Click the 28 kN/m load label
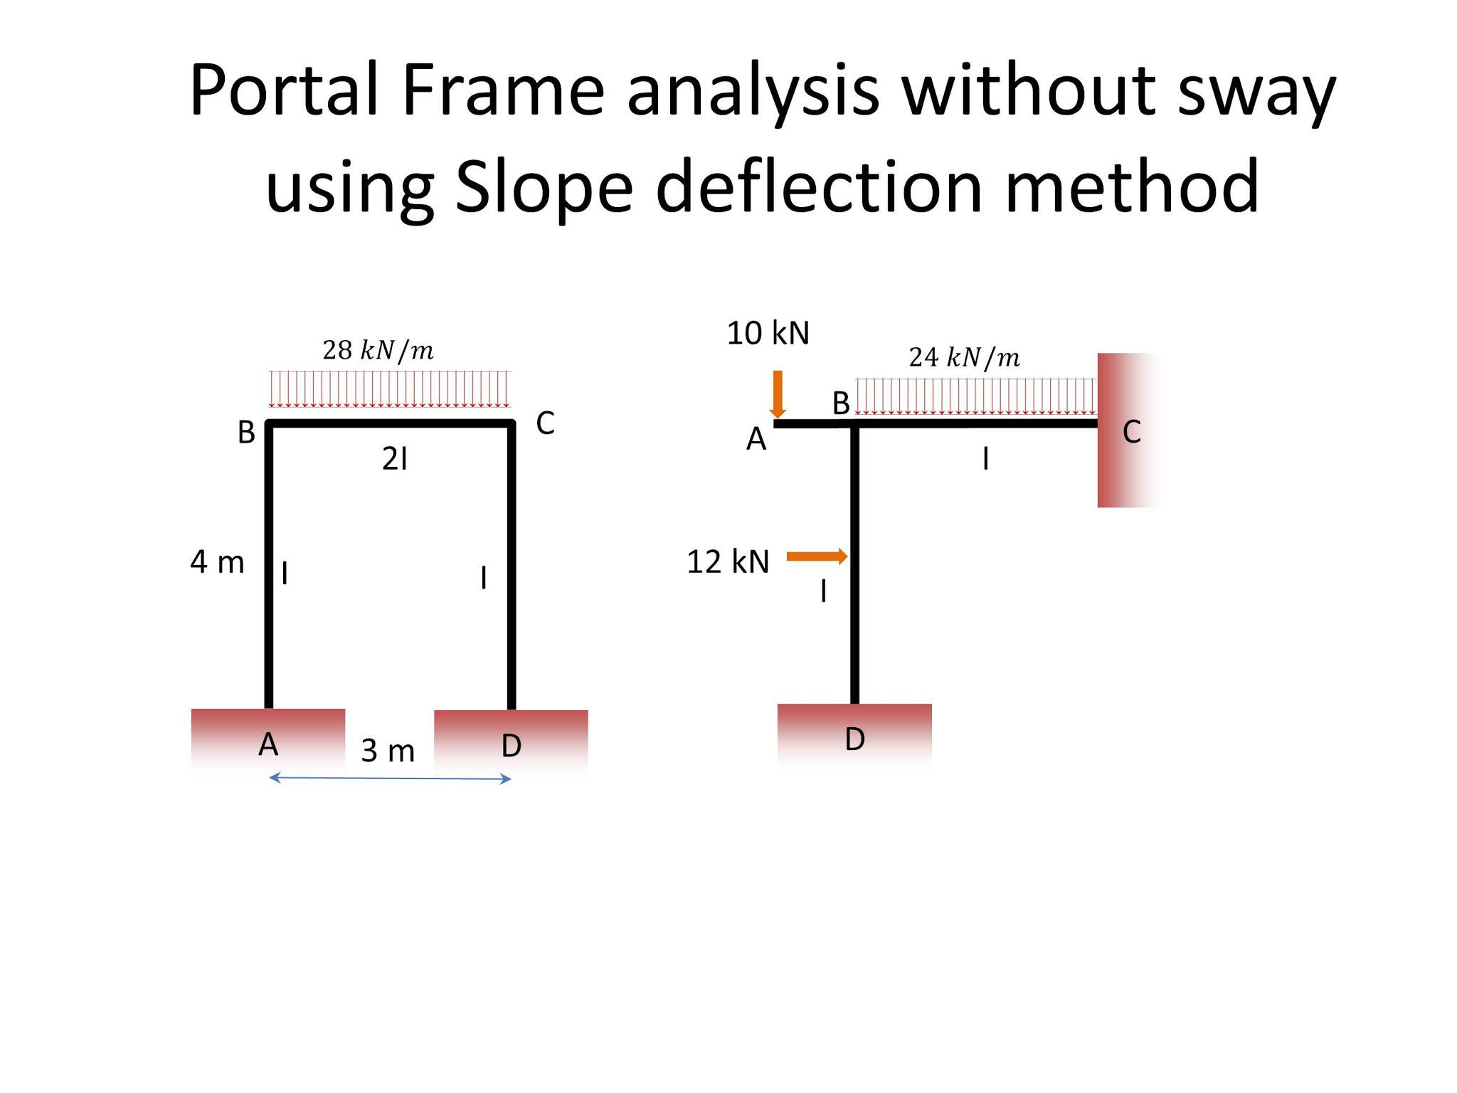378,350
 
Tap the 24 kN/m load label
964,357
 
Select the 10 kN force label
768,333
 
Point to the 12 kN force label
728,561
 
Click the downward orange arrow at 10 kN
778,394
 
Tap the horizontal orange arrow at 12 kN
817,556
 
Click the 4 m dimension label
217,562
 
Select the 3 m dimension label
388,750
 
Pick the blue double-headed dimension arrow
390,778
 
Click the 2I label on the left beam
395,459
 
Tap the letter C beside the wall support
1131,432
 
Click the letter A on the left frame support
268,744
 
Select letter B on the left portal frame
246,432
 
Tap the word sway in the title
1256,90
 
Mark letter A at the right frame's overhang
756,439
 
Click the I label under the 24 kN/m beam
985,459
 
